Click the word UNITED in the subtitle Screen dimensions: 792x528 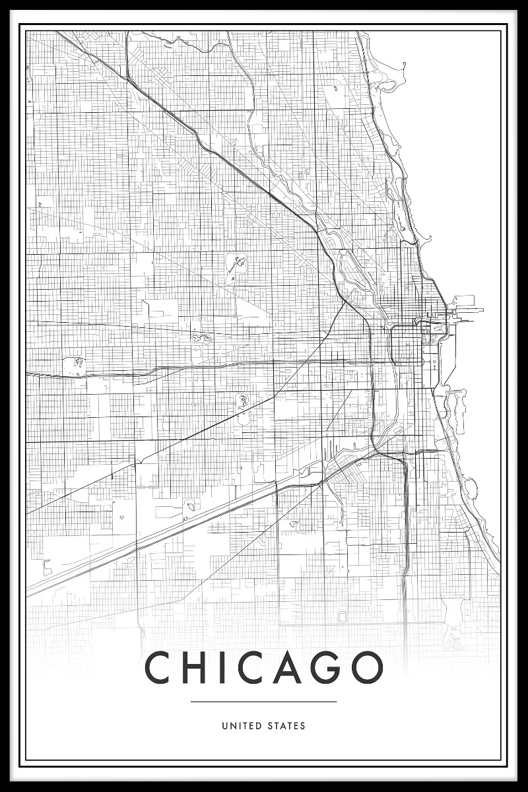pyautogui.click(x=242, y=726)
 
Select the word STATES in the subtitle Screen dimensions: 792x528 pyautogui.click(x=286, y=726)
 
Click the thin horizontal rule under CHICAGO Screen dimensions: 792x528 pyautogui.click(x=264, y=702)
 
